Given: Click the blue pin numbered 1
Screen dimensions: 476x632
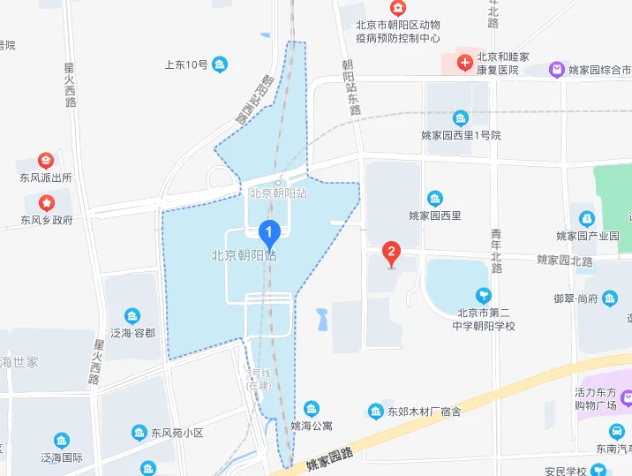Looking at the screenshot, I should (x=270, y=233).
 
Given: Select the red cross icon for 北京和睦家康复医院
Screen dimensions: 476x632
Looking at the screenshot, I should (x=464, y=62).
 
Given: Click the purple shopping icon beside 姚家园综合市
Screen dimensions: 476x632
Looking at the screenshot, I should (x=556, y=69).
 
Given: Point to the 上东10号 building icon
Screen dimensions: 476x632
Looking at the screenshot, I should (x=220, y=64).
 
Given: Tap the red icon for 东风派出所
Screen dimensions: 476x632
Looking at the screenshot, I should (x=46, y=161).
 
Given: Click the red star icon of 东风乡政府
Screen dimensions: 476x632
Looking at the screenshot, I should (x=46, y=203).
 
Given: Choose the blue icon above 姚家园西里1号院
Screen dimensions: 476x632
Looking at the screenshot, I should (x=460, y=118).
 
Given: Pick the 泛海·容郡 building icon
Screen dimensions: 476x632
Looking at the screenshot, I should (x=132, y=316).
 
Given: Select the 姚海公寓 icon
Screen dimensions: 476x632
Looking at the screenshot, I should (x=312, y=408).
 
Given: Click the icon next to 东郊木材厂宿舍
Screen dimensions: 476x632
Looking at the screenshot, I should (x=375, y=412).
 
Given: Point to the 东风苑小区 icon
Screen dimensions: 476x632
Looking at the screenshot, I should (x=139, y=433).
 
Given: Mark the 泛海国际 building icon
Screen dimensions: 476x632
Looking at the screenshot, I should (x=61, y=441).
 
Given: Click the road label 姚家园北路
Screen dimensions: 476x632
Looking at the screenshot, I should (x=563, y=260).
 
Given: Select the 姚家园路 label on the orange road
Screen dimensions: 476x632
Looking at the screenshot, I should (x=329, y=457).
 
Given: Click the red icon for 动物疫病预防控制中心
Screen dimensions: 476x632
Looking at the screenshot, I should (x=398, y=7).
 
